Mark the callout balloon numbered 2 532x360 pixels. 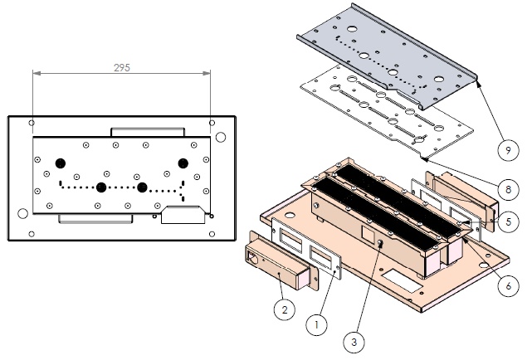pos(283,310)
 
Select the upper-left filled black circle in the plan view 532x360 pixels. pos(60,162)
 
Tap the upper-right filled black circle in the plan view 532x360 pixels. pos(183,161)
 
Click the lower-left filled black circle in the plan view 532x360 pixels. pos(101,187)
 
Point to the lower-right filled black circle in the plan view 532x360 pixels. pos(143,187)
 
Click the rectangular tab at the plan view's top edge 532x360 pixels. pos(148,132)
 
